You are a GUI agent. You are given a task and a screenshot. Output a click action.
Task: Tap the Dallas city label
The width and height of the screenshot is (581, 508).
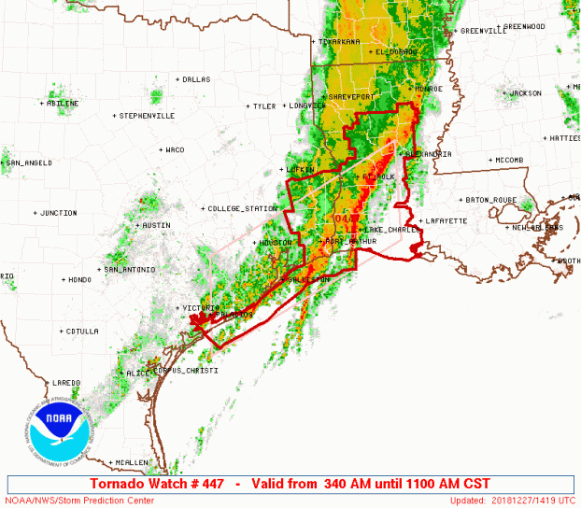196,79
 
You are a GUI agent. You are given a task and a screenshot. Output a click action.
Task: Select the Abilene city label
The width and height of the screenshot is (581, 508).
63,103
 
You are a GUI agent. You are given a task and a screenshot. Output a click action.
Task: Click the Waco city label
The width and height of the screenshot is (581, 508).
175,149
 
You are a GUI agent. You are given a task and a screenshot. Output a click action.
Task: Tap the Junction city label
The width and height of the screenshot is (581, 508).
58,213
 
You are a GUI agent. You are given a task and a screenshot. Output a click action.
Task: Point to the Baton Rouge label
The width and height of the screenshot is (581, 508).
490,199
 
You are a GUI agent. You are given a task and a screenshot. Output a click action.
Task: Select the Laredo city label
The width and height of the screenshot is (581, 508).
66,382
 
